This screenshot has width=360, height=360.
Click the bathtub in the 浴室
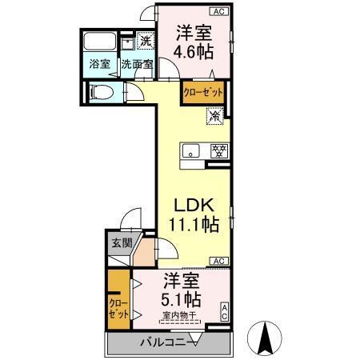pyautogui.click(x=100, y=43)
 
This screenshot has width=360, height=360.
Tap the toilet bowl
pyautogui.click(x=100, y=92)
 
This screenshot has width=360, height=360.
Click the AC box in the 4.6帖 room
pyautogui.click(x=217, y=10)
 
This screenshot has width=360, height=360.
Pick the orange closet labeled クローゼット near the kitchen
pyautogui.click(x=202, y=93)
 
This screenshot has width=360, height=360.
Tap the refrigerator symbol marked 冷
pyautogui.click(x=215, y=117)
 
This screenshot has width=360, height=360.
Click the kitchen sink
pyautogui.click(x=192, y=150)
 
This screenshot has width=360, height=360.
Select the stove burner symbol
pyautogui.click(x=217, y=150)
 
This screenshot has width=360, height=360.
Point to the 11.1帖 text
pyautogui.click(x=193, y=225)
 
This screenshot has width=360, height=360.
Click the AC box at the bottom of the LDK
pyautogui.click(x=217, y=261)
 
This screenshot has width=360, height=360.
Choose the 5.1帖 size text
pyautogui.click(x=182, y=299)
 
